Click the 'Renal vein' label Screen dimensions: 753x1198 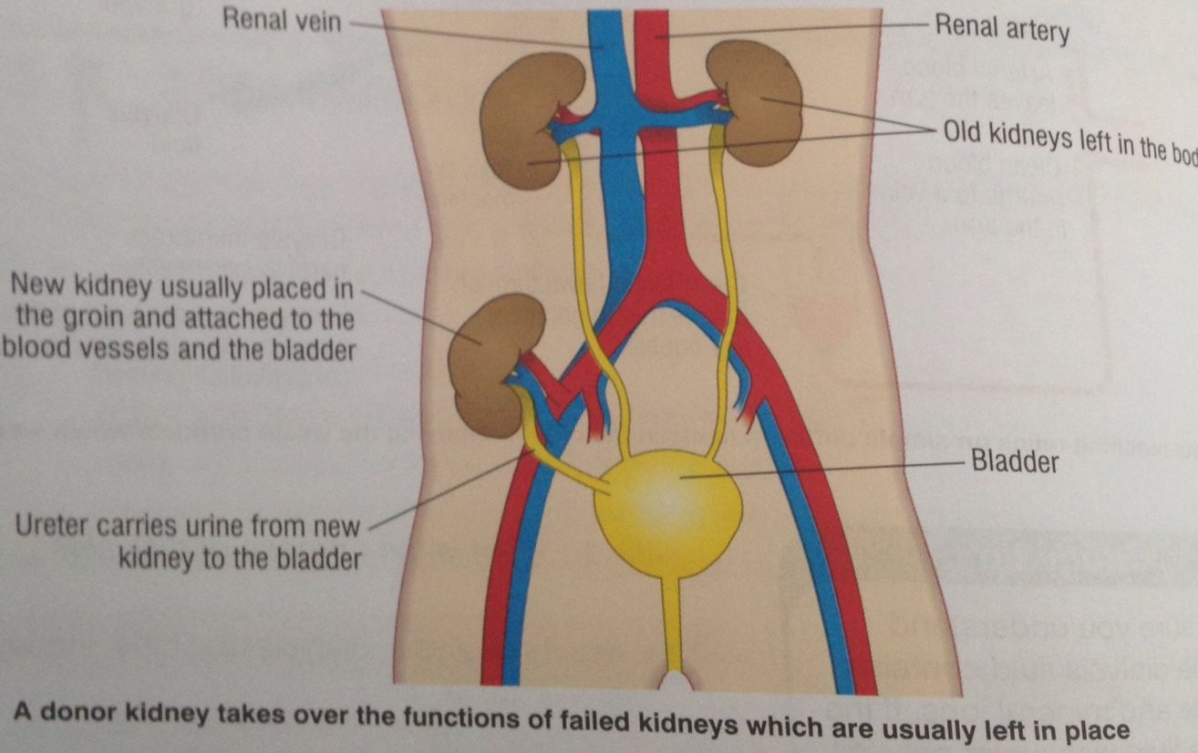pyautogui.click(x=281, y=21)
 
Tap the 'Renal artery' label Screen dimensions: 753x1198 pyautogui.click(x=1001, y=30)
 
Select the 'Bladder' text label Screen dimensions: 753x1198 pyautogui.click(x=1015, y=461)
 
